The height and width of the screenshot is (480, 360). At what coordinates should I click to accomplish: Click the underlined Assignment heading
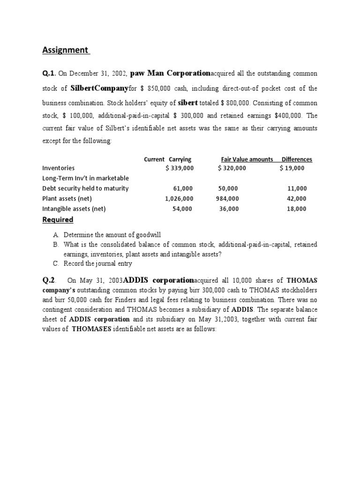tap(66, 50)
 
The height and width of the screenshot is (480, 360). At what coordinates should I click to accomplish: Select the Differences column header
tap(296, 159)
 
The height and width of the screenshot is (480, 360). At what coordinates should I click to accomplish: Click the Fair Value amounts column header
tap(247, 159)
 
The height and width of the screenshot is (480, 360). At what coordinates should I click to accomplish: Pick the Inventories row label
tap(58, 168)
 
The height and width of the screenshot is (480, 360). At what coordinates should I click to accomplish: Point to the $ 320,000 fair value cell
tap(232, 168)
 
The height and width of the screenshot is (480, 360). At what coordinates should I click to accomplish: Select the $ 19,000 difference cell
tap(292, 168)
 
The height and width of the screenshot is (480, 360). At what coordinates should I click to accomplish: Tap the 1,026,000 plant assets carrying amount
tap(179, 199)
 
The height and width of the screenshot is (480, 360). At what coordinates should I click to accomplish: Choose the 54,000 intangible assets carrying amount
tap(182, 209)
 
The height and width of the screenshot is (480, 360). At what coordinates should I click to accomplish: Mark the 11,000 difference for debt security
tap(297, 188)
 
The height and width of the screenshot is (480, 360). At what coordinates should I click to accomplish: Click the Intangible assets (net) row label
tap(74, 209)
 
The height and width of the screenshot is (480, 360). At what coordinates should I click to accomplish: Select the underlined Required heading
tap(58, 220)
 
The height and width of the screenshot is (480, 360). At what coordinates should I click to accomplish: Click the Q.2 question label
tap(49, 280)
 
